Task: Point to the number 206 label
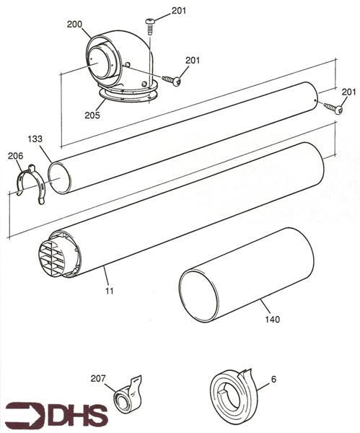[14, 155]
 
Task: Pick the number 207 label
[98, 378]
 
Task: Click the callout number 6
[273, 378]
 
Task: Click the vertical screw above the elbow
[150, 27]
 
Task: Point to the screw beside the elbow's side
[172, 79]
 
